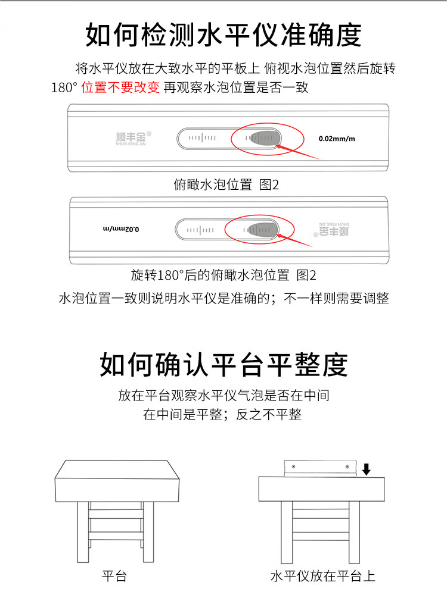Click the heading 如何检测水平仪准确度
pos(223,35)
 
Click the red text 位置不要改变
pos(120,87)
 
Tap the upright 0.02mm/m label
pos(337,139)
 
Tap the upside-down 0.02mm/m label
pos(121,229)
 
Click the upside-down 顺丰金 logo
pos(331,229)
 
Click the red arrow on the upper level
pos(297,152)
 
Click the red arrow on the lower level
pos(294,240)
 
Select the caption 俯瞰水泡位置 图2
pos(226,184)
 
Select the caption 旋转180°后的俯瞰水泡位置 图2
pos(223,275)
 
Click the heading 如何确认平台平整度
pos(223,365)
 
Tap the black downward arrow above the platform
pos(367,469)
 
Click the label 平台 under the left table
pos(114,576)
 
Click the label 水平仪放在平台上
pos(323,576)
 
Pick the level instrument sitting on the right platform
pos(320,468)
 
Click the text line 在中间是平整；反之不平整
pos(222,414)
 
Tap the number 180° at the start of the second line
pos(64,87)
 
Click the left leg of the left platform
pos(83,531)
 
